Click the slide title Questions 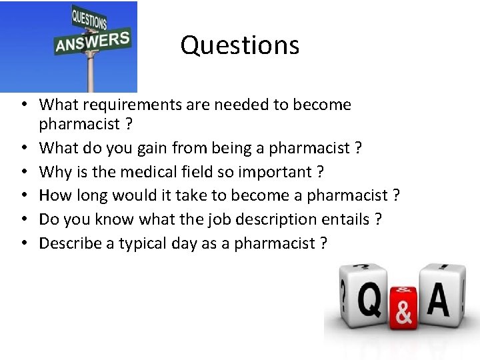click(x=239, y=45)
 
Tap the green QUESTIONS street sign click(x=89, y=19)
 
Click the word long click(x=90, y=195)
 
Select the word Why click(x=53, y=172)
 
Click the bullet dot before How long click(x=23, y=196)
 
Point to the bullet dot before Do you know click(x=23, y=219)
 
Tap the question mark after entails click(x=378, y=219)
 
